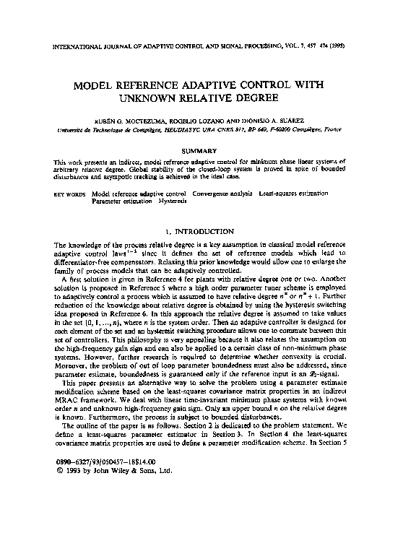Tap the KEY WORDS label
(70, 194)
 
